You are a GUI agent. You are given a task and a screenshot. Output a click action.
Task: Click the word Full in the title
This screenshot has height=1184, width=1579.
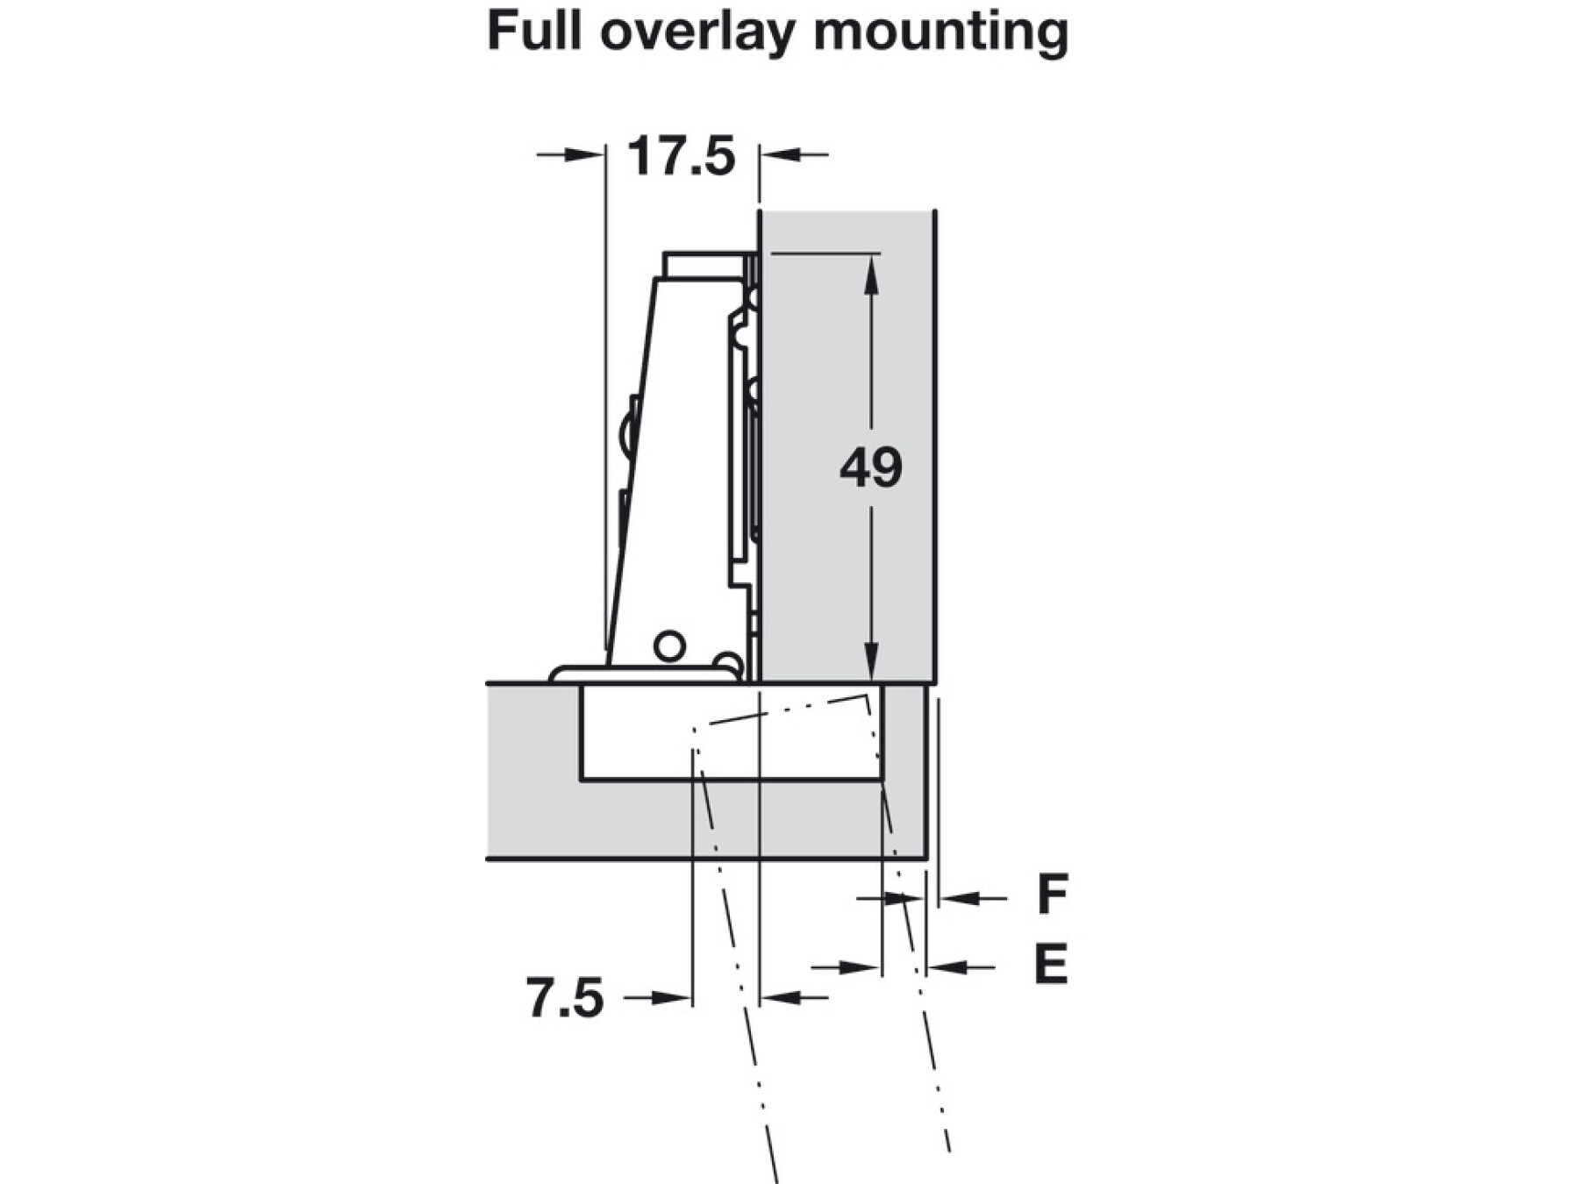(535, 32)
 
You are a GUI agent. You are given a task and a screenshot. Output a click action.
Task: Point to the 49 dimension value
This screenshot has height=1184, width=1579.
(870, 467)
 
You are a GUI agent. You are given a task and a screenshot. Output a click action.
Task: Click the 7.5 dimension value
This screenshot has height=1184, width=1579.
(565, 998)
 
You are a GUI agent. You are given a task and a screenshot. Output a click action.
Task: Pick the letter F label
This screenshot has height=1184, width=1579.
(1052, 895)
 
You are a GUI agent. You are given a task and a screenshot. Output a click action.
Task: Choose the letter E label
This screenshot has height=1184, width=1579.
(1051, 965)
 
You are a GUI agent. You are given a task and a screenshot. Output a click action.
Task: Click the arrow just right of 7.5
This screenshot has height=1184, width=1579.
(672, 998)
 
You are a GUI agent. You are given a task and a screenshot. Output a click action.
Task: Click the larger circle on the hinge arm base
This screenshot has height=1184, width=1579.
(669, 646)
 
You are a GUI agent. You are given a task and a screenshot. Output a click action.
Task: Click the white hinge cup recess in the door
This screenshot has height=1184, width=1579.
(640, 732)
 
